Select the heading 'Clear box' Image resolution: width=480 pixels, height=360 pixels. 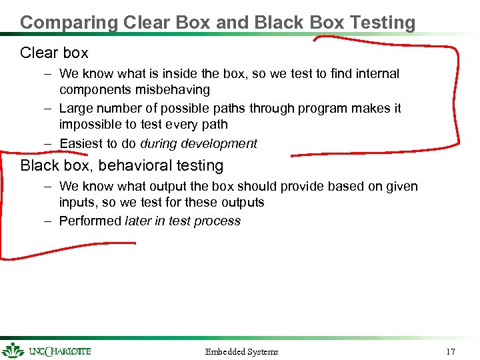(54, 53)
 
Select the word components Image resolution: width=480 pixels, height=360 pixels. (93, 90)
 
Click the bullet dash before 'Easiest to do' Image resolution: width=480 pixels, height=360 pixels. (49, 143)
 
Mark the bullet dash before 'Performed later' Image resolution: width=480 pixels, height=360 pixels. (49, 221)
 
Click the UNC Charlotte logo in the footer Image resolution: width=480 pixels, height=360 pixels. (47, 351)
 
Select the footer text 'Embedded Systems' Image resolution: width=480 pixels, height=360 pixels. (241, 351)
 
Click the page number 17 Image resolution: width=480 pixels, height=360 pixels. (451, 351)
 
